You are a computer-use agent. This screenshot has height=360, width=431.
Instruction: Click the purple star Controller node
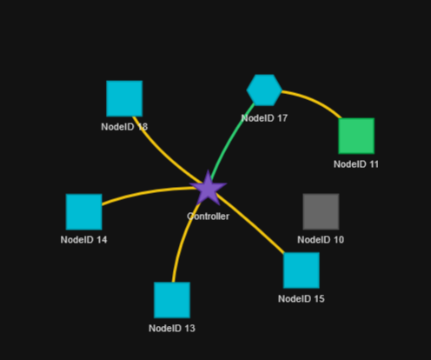coord(208,189)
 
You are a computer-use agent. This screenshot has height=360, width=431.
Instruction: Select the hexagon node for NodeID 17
coord(264,90)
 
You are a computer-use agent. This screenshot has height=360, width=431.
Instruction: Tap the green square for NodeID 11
coord(356,136)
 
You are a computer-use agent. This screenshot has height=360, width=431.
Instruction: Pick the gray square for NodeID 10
coord(321,211)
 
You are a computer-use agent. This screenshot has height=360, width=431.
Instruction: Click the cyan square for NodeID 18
coord(124,98)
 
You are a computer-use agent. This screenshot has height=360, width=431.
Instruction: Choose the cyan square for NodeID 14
coord(84,212)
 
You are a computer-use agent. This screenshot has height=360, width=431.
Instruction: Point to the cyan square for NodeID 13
coord(172,300)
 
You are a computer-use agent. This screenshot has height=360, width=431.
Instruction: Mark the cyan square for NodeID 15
coord(302,270)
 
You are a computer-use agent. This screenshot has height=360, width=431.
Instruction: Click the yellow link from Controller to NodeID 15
coord(250,224)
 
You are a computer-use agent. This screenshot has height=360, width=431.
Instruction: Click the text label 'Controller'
coord(208,217)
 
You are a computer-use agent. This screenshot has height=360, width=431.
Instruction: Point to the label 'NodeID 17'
coord(264,118)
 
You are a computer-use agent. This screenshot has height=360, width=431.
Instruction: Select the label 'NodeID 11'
coord(356,164)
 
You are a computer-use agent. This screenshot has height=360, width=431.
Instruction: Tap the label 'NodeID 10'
coord(321,240)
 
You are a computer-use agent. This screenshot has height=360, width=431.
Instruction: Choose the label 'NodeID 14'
coord(83,240)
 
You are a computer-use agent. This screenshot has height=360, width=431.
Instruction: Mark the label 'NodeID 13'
coord(172,328)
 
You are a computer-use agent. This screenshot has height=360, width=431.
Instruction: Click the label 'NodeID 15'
coord(302,299)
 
